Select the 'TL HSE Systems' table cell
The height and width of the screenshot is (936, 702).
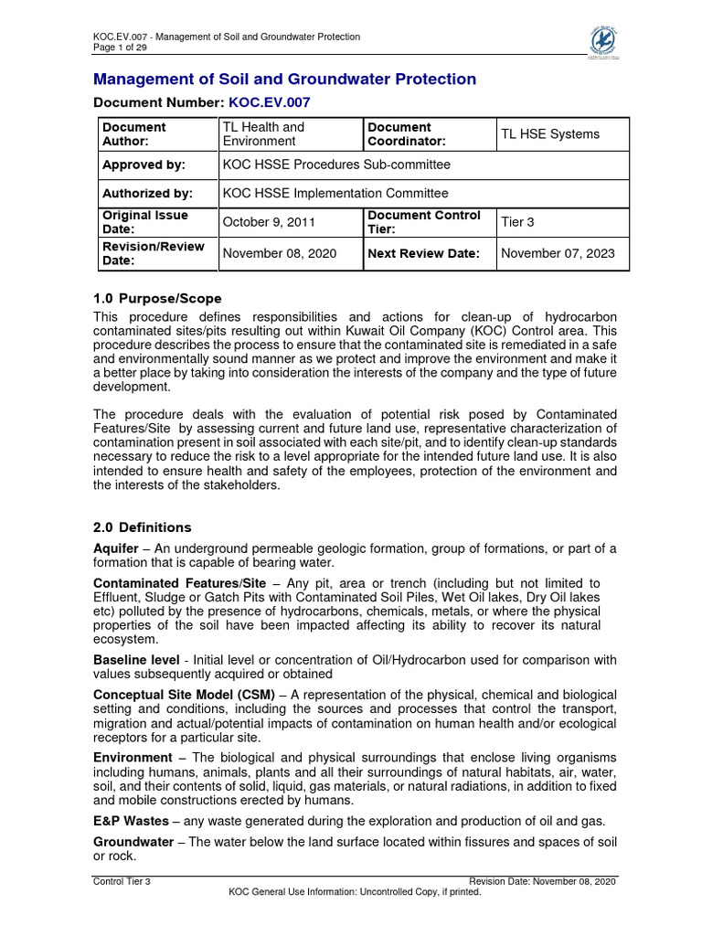548,134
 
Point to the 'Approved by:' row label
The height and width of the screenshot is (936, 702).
144,165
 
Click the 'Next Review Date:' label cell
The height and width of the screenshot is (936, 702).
423,253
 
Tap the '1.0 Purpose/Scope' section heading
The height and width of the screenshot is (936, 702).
157,299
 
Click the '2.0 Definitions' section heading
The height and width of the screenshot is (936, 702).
143,527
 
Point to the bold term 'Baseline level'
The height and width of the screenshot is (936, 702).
136,659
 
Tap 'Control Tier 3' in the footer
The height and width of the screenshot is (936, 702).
122,881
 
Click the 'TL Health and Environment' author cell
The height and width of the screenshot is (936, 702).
264,134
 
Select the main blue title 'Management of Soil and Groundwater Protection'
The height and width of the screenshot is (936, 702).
285,80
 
